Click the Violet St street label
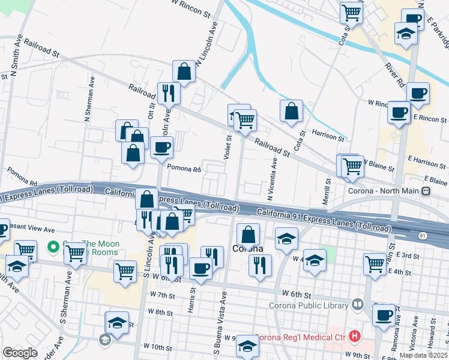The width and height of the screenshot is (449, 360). coord(228,148)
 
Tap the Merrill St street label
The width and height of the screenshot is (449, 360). coord(328,191)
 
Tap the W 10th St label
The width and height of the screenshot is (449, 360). coord(158,347)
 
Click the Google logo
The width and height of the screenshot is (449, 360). coord(20,353)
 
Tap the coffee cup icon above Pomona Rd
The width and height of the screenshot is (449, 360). coord(160,148)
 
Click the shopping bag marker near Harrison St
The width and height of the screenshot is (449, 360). coord(291,112)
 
